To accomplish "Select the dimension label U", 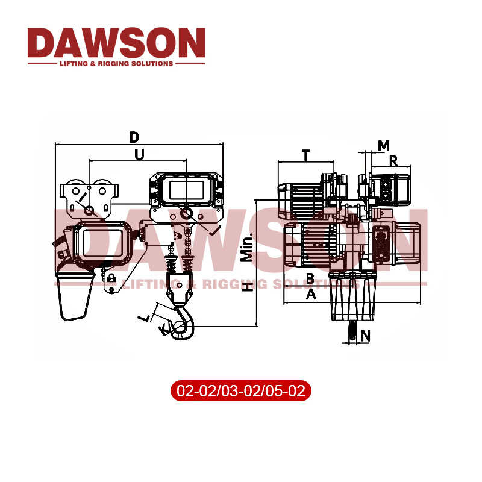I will (139, 154).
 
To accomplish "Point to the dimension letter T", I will (306, 155).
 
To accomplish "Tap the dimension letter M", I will (383, 145).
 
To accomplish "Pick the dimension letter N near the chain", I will (365, 334).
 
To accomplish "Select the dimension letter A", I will (311, 293).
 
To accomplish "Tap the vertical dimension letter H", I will (246, 288).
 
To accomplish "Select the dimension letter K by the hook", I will (162, 329).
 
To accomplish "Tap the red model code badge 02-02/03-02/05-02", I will (241, 391).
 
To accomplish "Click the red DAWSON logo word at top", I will (116, 43).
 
